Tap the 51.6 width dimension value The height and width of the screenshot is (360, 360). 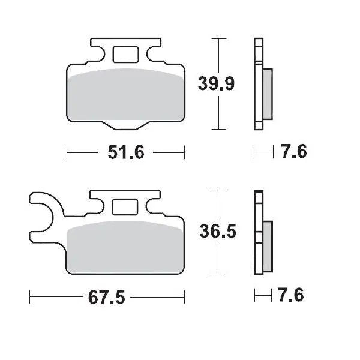click(126, 153)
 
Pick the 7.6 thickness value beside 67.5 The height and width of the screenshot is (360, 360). click(292, 296)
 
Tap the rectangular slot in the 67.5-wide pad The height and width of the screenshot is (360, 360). click(125, 206)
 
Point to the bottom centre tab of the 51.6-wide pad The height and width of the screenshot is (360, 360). click(125, 124)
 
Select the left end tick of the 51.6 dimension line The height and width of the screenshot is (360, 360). click(67, 152)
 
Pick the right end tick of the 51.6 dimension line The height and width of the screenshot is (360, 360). click(184, 152)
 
